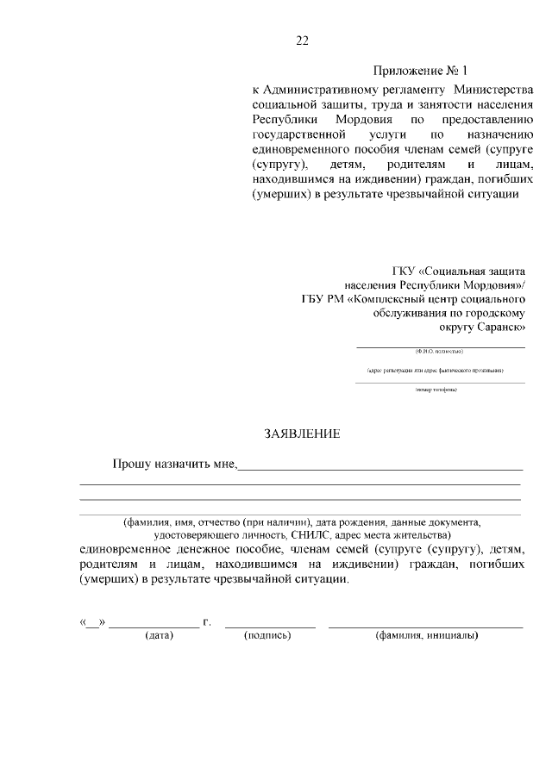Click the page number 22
[x=302, y=41]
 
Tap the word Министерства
[x=493, y=90]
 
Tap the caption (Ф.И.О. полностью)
[x=439, y=352]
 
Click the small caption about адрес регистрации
[x=435, y=371]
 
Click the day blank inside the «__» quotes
[x=92, y=623]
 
